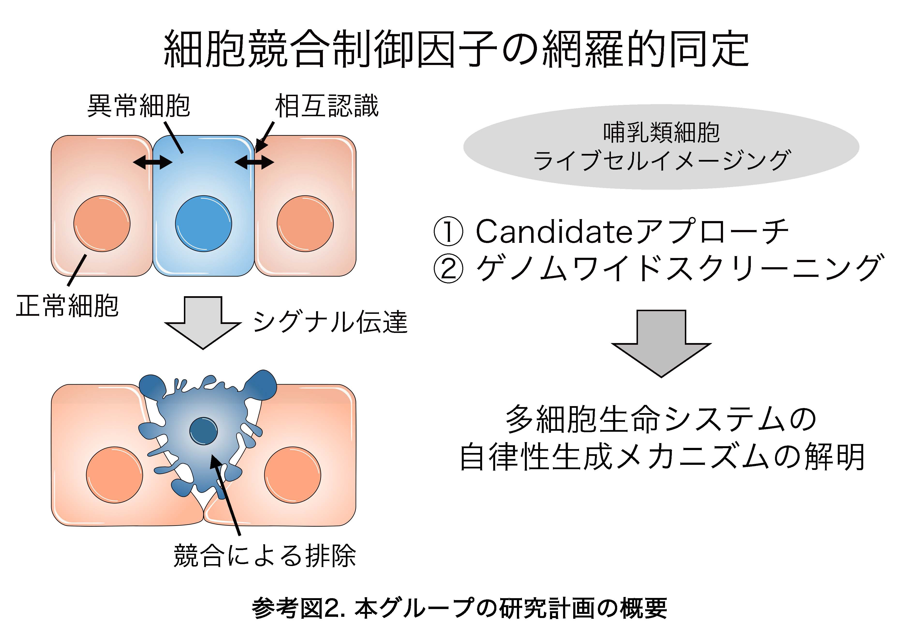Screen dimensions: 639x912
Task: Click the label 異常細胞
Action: (138, 106)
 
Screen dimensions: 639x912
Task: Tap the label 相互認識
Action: (326, 106)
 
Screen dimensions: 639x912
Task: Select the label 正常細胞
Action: (67, 306)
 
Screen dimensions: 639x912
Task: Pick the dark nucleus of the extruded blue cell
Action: (203, 431)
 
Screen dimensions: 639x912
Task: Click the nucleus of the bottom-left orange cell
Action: (114, 475)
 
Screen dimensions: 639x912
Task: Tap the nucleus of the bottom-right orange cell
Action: (292, 475)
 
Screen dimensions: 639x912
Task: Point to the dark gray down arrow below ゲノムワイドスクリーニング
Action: (661, 343)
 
